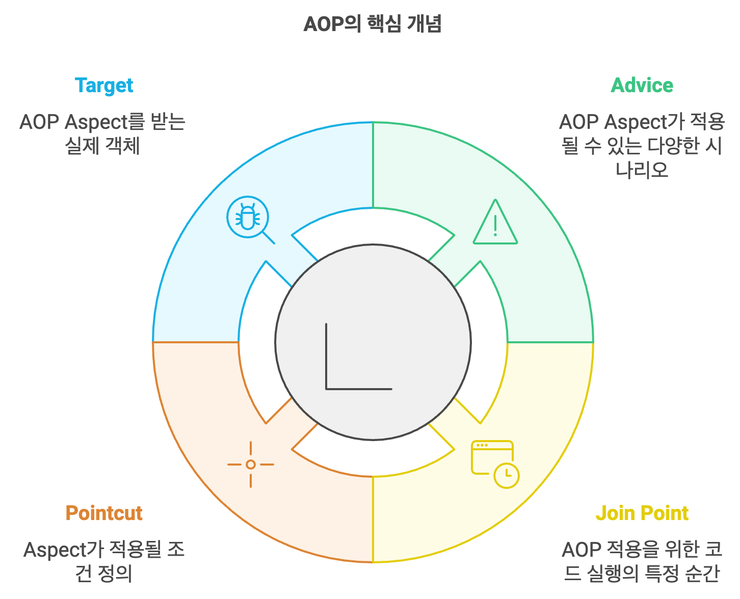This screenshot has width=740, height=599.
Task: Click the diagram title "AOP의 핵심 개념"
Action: coord(372,24)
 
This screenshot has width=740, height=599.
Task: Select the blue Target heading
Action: coord(104,86)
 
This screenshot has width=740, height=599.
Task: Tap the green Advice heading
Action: coord(642,86)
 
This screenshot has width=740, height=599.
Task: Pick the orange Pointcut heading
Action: coord(104,513)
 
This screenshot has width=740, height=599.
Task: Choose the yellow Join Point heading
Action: coord(642,513)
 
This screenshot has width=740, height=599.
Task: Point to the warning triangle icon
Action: coord(495,223)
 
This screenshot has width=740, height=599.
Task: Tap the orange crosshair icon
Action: coord(250,465)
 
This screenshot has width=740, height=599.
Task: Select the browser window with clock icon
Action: coord(494,464)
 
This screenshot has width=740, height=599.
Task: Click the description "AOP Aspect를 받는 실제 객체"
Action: coord(102,134)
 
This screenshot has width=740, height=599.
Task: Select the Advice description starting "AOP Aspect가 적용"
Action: coord(642,146)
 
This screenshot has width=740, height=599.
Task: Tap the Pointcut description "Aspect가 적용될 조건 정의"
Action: coord(104,561)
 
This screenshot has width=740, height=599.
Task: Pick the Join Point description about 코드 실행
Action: coord(642,561)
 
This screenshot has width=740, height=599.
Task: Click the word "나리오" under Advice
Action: coord(642,170)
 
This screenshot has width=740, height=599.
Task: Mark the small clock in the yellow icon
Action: coord(506,476)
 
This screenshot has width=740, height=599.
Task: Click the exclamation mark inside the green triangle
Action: coord(495,226)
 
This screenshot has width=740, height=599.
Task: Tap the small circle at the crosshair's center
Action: coord(250,465)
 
